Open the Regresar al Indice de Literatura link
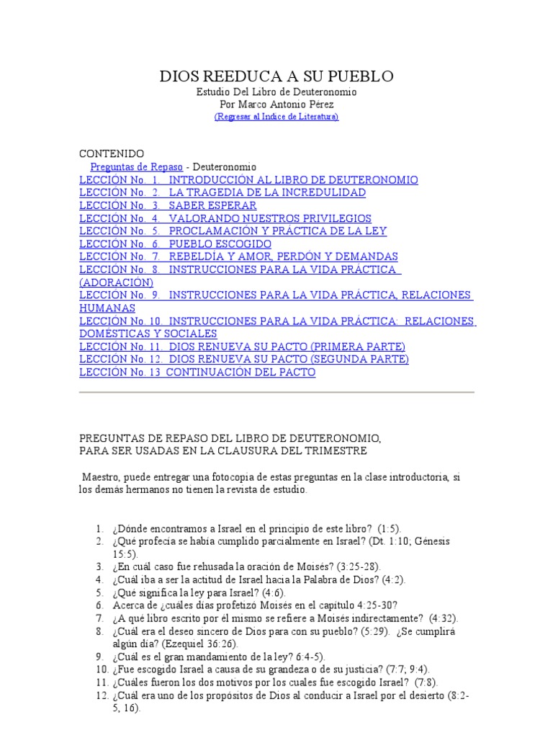point(276,117)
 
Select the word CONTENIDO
point(111,154)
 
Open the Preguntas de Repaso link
point(136,167)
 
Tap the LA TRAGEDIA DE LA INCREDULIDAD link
point(266,193)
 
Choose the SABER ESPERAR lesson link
point(212,205)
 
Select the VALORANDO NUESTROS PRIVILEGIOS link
point(270,218)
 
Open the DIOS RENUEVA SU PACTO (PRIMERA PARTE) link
point(287,347)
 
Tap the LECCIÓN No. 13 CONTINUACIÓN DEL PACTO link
point(197,373)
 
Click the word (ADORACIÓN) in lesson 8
point(116,283)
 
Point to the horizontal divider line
point(276,392)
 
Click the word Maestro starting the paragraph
point(102,477)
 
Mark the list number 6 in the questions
point(100,605)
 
